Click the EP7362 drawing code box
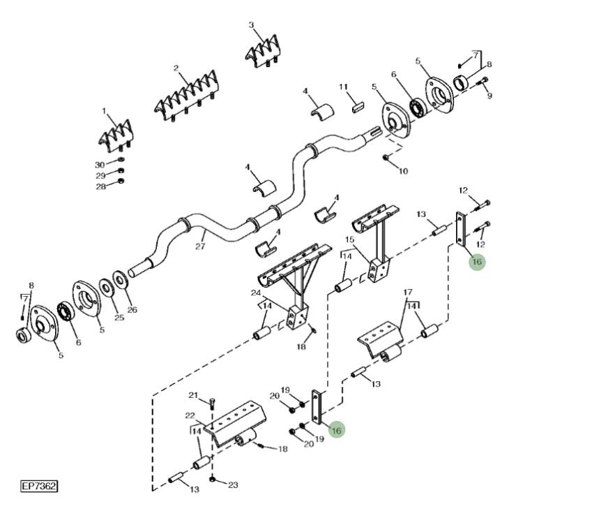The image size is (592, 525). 39,486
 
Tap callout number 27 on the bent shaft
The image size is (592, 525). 201,246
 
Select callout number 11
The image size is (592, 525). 343,87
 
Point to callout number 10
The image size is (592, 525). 403,171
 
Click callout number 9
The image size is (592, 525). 489,96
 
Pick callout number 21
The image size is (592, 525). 194,396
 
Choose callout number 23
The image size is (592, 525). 233,485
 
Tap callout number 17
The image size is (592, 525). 408,293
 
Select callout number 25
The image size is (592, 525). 119,318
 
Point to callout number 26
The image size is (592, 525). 132,310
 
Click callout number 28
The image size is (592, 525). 100,186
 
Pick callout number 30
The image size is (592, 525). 100,164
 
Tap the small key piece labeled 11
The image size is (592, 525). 358,107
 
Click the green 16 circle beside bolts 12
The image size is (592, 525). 476,262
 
